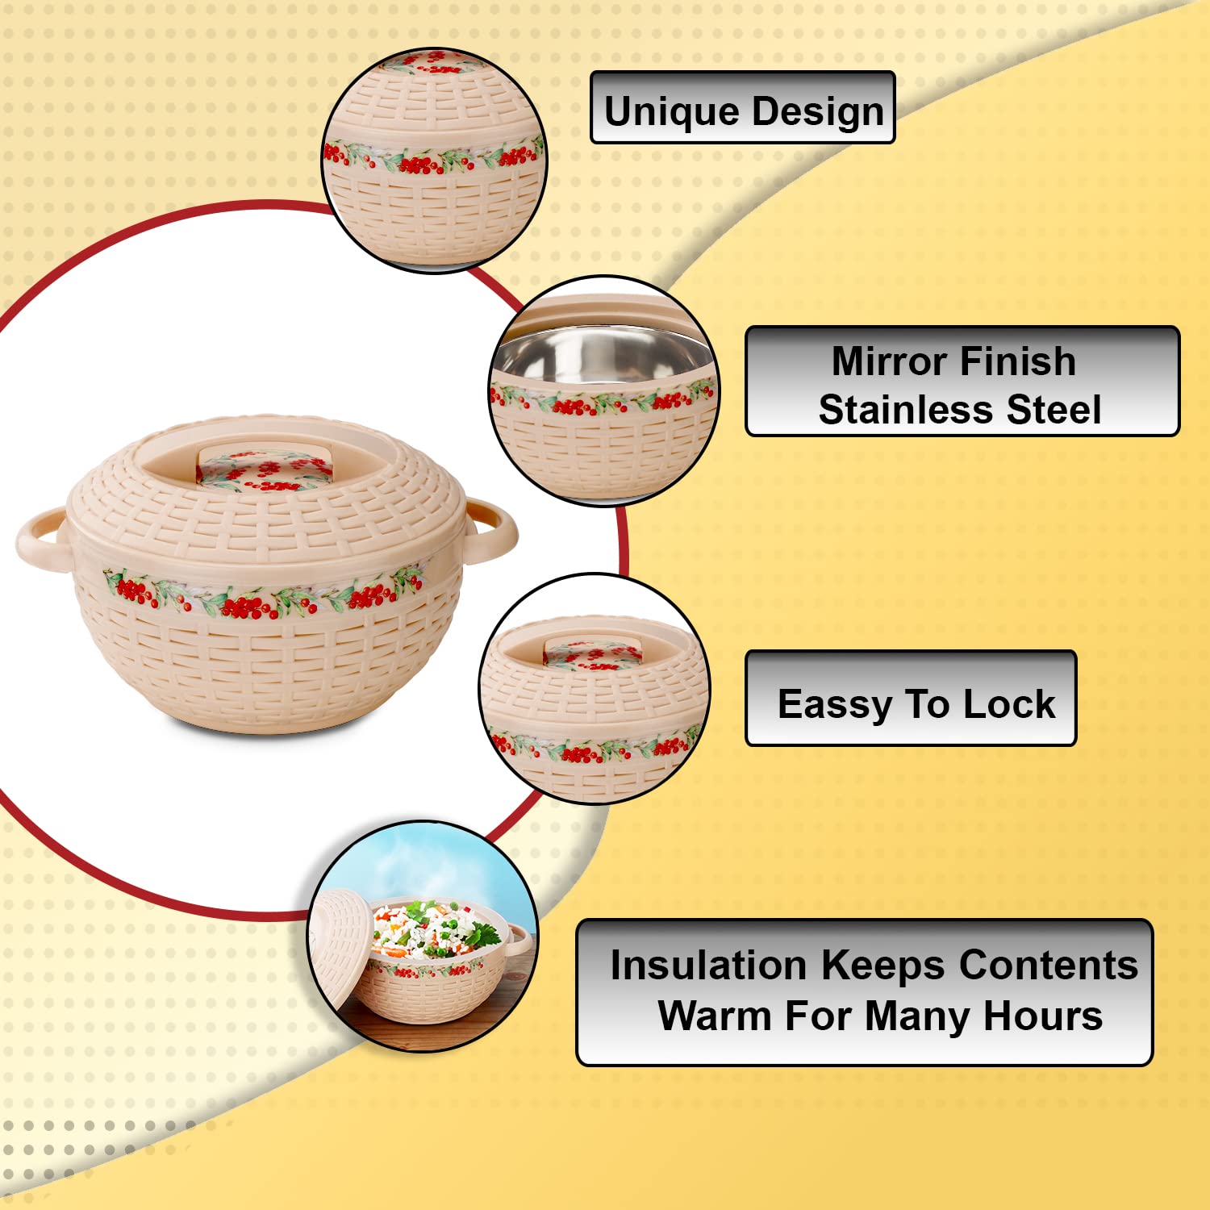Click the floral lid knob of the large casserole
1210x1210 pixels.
(265, 466)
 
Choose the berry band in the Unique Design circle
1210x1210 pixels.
(434, 156)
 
